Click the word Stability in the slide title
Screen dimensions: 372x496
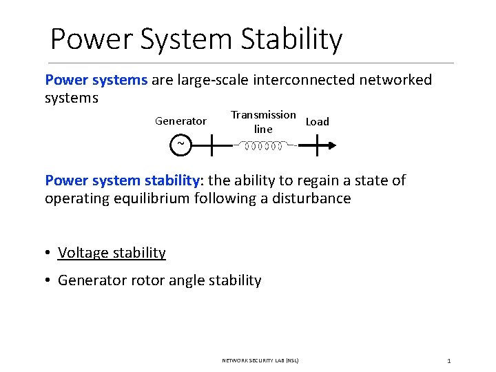pos(291,39)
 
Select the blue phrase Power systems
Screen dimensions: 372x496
pos(96,80)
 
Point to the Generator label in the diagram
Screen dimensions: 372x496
pos(180,121)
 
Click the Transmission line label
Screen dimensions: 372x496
pos(263,122)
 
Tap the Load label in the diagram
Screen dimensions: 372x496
pos(317,122)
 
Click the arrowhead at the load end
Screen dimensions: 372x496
pos(333,145)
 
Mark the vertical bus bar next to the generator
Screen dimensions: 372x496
pos(211,145)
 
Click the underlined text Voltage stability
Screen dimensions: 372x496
pos(112,253)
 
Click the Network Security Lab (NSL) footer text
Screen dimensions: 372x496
pos(260,360)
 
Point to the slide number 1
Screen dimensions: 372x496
pos(448,360)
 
